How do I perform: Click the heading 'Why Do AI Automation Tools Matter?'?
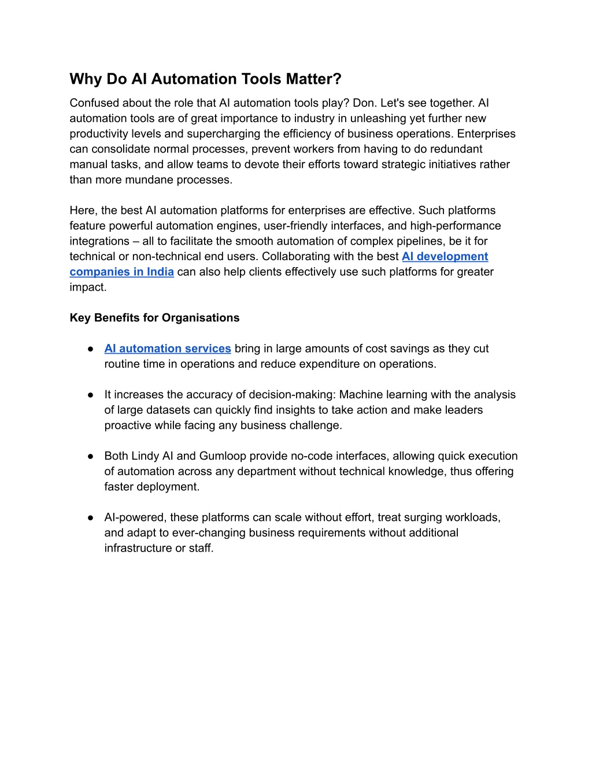coord(205,79)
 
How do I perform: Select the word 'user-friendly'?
coord(297,226)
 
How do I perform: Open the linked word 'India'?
coord(160,272)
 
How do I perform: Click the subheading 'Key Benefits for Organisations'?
coord(154,318)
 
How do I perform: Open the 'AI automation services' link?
coord(168,349)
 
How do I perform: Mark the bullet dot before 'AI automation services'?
coord(91,349)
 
